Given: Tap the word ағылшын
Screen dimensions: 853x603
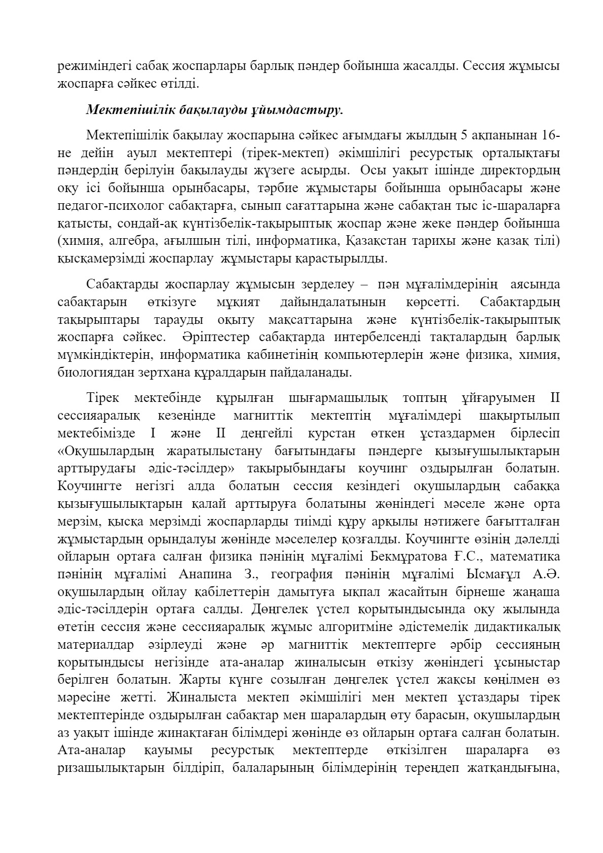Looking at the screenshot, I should coord(185,241).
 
